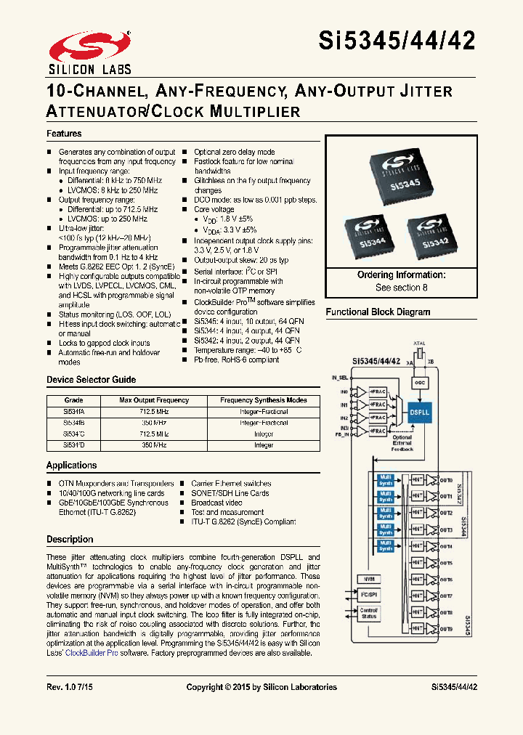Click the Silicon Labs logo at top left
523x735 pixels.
[89, 52]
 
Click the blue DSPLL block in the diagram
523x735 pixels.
[420, 412]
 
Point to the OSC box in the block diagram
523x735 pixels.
[420, 381]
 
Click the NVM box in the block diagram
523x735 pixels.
[368, 579]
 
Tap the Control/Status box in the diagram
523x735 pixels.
[368, 612]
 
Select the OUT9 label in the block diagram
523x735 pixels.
[445, 628]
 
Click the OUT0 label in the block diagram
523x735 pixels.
[445, 480]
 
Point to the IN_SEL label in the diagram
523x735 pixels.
[340, 378]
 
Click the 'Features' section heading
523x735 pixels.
[64, 134]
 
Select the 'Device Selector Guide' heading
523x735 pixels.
[91, 380]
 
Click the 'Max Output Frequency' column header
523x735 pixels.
[154, 400]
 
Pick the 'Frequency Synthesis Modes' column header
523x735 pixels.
[264, 400]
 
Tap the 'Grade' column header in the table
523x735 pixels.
[74, 400]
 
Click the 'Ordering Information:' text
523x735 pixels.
[401, 275]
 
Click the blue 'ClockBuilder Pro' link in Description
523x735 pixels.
[92, 653]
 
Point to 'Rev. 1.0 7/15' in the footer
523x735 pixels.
[70, 687]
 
